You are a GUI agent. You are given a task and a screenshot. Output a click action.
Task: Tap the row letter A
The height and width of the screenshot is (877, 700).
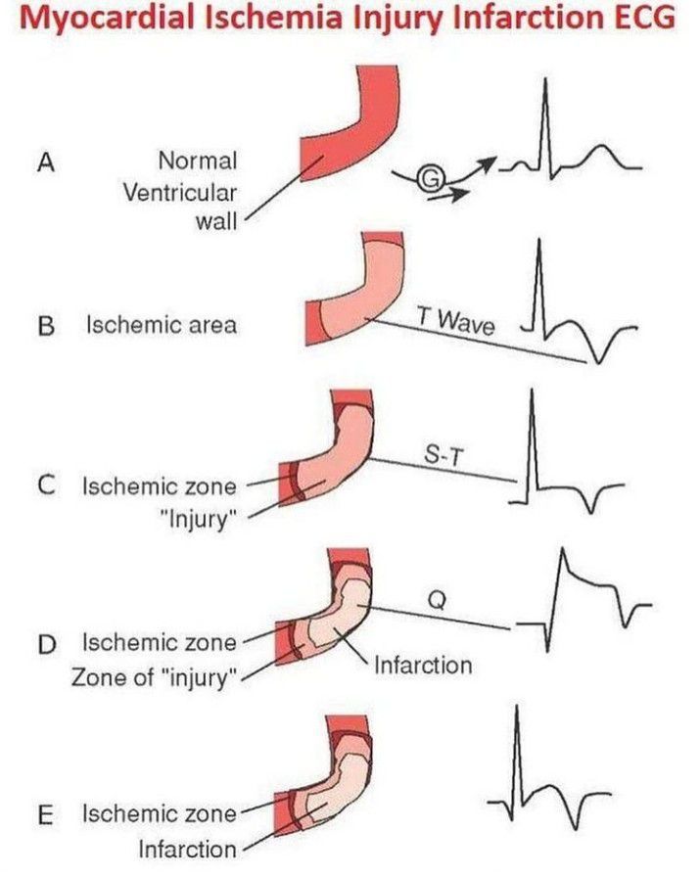[x=43, y=163]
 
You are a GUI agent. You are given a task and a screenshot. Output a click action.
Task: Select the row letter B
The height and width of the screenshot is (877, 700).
[x=44, y=325]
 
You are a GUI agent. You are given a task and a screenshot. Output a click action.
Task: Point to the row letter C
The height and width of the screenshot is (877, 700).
[x=43, y=485]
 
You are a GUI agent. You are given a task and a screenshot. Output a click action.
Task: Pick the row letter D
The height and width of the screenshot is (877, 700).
[x=44, y=643]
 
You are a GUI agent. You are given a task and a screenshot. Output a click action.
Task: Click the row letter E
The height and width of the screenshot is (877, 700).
[x=43, y=814]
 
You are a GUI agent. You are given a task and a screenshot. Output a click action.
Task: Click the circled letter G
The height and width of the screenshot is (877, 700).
[x=430, y=177]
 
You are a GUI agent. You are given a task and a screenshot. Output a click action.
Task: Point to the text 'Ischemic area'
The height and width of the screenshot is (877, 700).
[x=162, y=325]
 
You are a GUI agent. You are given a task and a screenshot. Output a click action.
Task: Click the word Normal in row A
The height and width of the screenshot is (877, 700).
[x=197, y=160]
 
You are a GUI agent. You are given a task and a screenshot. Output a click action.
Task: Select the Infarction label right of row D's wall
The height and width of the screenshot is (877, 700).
[x=423, y=666]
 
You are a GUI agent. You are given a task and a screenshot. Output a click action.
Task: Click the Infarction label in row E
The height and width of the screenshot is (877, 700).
[x=189, y=848]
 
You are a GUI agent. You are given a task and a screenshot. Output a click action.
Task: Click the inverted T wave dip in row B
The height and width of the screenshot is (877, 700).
[x=591, y=359]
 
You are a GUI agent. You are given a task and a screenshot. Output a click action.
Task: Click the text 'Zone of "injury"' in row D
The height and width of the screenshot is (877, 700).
[x=157, y=676]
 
